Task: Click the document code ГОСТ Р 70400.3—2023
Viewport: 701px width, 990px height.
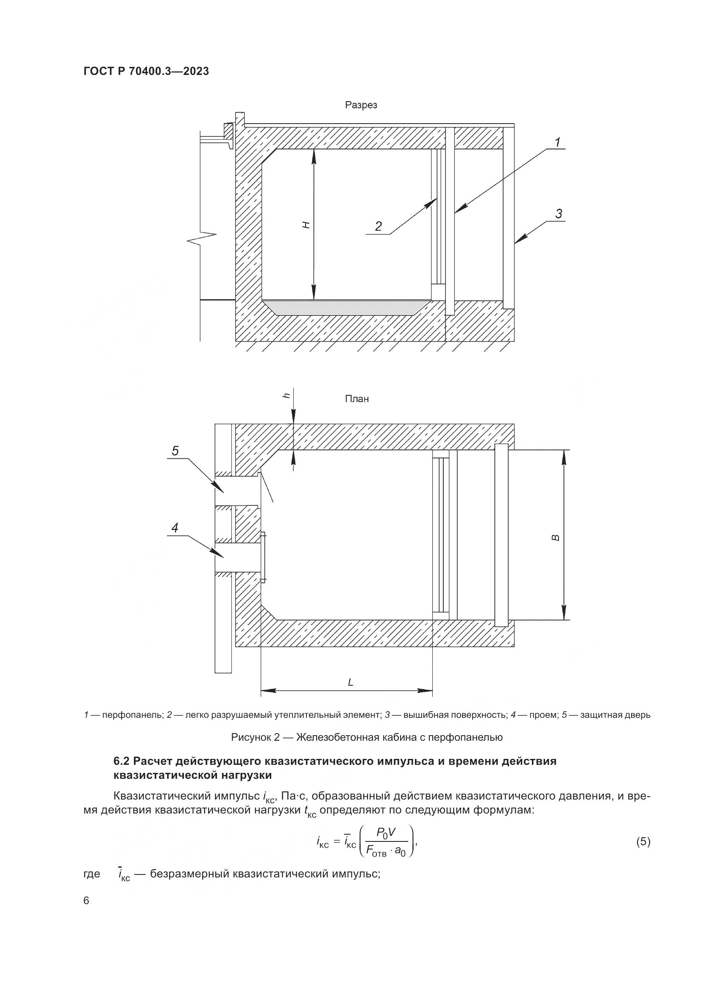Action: coord(146,71)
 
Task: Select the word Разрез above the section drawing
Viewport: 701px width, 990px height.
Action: coord(361,105)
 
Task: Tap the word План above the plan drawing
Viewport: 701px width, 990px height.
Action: coord(356,399)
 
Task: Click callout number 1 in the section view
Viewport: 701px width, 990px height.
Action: coord(557,142)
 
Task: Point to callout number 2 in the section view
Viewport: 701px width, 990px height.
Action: coord(378,226)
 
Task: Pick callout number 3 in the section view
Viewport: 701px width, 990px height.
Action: coord(559,214)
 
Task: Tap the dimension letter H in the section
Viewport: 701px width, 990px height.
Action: coord(306,225)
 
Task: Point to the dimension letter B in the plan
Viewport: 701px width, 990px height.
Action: coord(556,537)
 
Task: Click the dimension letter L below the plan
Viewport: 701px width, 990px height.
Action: coord(350,682)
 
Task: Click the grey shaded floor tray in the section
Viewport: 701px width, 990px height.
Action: coord(345,307)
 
